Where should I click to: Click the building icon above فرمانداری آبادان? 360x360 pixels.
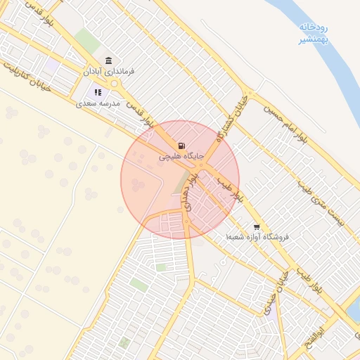[108, 60]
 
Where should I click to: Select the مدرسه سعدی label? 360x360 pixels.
[98, 103]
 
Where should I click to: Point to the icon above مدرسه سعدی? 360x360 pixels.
[98, 92]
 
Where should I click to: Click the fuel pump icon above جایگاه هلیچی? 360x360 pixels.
[182, 146]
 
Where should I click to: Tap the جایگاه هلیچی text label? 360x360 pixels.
[181, 156]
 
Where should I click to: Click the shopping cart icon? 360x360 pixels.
[257, 227]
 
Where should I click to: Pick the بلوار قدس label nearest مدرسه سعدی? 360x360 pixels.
[141, 117]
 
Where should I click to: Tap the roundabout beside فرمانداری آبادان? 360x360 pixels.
[115, 84]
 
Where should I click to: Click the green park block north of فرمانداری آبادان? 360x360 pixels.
[87, 40]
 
